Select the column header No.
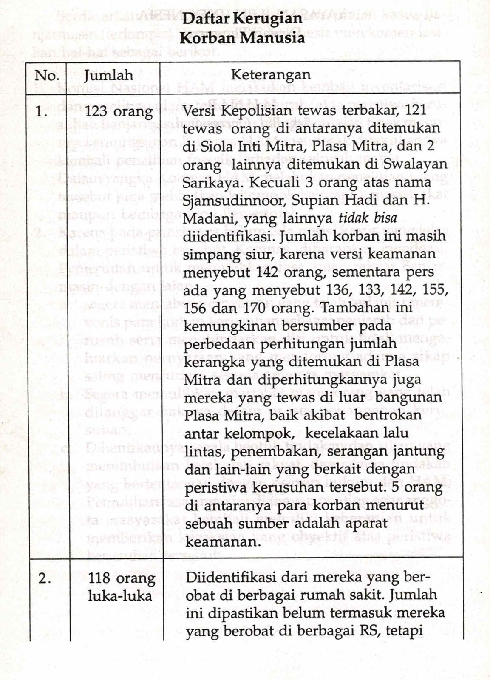point(46,76)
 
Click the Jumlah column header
point(108,76)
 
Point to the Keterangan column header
point(271,75)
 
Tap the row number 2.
point(44,578)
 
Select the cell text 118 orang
point(122,578)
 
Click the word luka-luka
point(120,596)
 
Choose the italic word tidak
point(354,218)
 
